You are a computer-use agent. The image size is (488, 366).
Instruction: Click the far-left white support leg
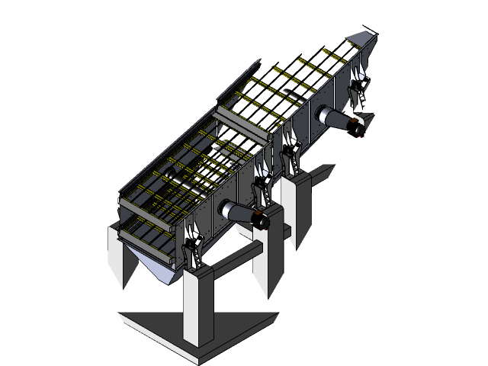tap(122, 255)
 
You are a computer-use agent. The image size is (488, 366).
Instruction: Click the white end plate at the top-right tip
tap(364, 38)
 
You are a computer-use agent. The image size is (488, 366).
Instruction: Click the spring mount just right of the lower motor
tap(265, 186)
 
